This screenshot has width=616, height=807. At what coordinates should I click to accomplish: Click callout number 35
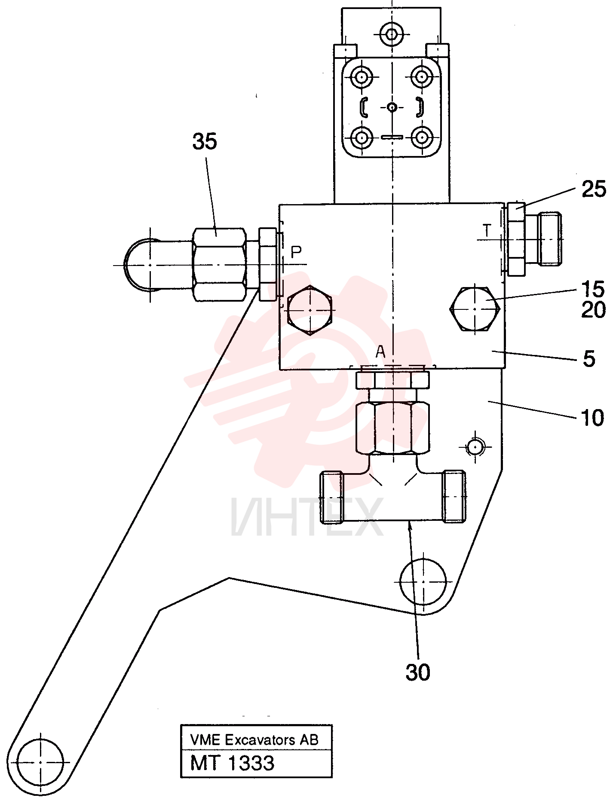pos(205,141)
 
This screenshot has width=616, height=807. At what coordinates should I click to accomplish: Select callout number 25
pos(594,189)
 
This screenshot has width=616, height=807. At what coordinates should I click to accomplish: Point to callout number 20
pos(593,309)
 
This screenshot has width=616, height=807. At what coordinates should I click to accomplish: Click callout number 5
pos(589,358)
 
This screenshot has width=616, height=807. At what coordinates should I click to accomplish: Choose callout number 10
pos(592,418)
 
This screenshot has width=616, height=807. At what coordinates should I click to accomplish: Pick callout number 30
pos(418,672)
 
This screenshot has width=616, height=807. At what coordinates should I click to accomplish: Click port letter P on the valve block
pos(296,252)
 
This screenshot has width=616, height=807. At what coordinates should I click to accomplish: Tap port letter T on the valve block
pos(487,231)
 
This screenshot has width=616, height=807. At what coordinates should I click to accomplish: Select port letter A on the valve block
pos(380,352)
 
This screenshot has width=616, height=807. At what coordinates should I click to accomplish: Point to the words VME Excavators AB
pos(254,740)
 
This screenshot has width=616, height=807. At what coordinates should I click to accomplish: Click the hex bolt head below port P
pos(310,309)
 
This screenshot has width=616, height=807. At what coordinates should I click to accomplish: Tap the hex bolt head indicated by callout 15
pos(475,308)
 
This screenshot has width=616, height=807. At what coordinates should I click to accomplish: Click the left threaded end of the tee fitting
pos(332,497)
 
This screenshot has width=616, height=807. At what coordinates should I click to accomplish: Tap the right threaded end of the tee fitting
pos(454,496)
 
